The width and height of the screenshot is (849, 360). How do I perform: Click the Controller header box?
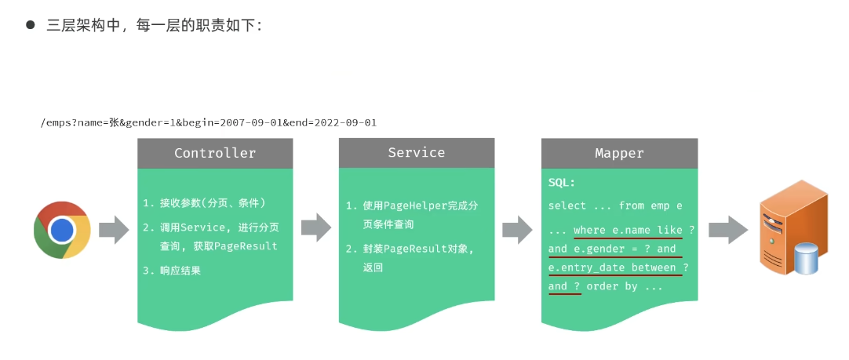(x=215, y=154)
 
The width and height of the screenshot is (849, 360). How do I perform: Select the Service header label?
(x=416, y=153)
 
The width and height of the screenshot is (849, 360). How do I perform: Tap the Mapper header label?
(x=619, y=154)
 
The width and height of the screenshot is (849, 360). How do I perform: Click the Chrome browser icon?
(x=62, y=230)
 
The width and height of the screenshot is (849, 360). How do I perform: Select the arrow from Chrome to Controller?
(x=114, y=230)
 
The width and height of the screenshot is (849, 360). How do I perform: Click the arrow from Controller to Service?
(x=315, y=227)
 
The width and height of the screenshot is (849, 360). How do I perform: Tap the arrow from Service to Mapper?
(x=517, y=230)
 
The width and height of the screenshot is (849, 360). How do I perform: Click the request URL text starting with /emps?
(x=209, y=122)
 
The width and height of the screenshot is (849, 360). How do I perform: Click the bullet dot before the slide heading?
(x=31, y=24)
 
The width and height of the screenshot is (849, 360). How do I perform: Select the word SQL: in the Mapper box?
(x=562, y=183)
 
